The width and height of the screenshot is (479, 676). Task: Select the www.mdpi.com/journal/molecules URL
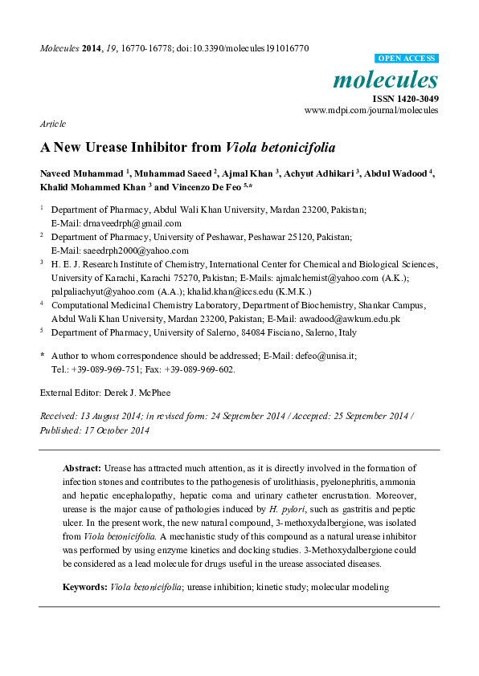pos(371,110)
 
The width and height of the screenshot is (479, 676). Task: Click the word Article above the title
pos(52,124)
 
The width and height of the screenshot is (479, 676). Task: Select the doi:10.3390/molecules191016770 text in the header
pos(243,48)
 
